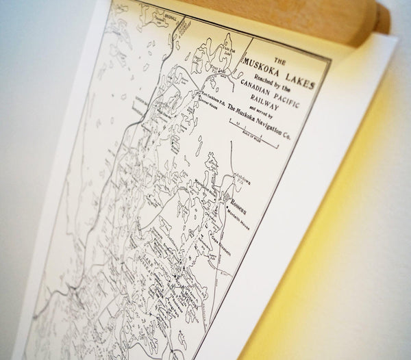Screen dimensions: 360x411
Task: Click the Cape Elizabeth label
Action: tap(212, 239)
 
